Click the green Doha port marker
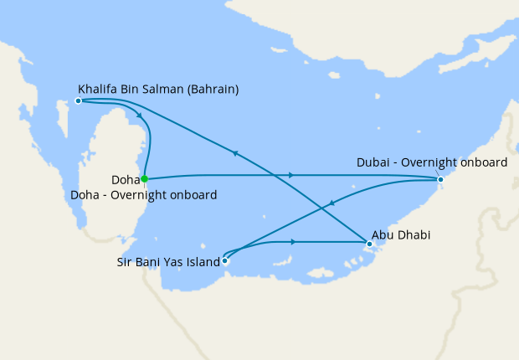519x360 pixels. coord(145,178)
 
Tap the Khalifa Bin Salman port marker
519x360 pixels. coord(78,100)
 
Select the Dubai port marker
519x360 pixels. coord(440,179)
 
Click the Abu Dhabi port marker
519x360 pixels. coord(368,244)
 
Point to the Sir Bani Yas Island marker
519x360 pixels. coord(224,260)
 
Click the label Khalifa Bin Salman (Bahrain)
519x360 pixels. coord(158,88)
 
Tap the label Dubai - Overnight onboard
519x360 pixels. coord(431,162)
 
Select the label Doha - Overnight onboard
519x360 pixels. coord(145,195)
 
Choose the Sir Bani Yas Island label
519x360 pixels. coord(167,262)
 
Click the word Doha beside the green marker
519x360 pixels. coord(125,179)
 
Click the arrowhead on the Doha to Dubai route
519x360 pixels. coord(290,175)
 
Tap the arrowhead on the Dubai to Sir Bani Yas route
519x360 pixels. coord(332,203)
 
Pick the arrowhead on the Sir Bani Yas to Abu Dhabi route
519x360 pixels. coord(293,242)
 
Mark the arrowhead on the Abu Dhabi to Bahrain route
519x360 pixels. coord(236,152)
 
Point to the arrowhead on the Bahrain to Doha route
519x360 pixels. coord(138,116)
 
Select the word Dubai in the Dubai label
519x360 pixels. coord(373,162)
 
